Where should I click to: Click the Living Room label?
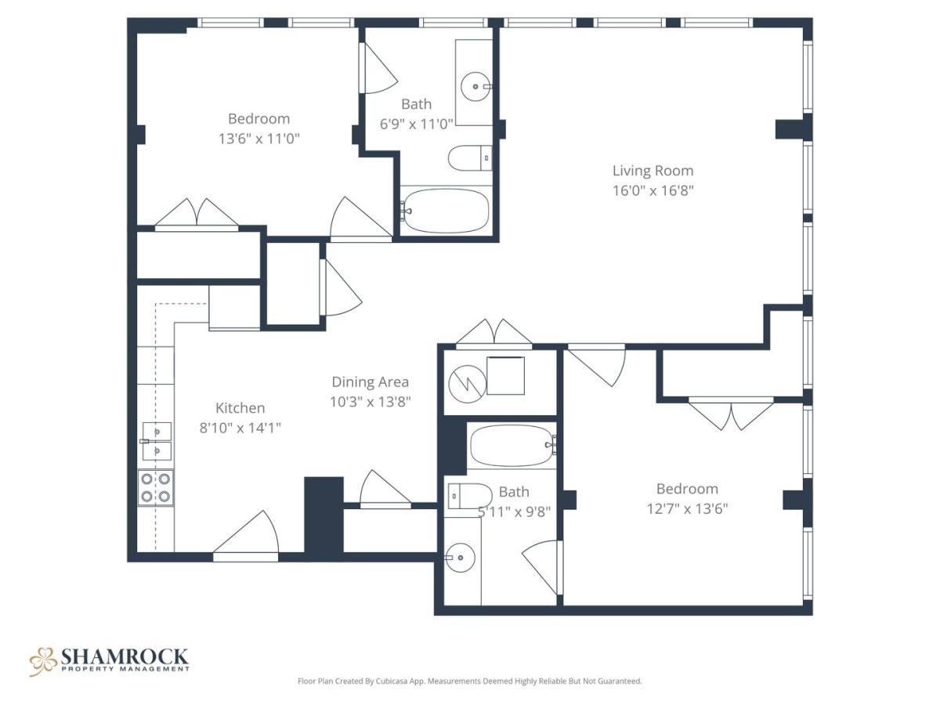pos(653,171)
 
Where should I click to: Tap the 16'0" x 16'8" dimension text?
pos(653,190)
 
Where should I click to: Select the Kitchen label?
pos(240,408)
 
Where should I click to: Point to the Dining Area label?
pos(370,381)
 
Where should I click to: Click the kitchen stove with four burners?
pos(155,488)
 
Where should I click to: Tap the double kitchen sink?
pos(157,441)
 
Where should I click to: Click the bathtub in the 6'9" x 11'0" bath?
pos(446,211)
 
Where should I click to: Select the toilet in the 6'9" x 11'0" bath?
pos(470,158)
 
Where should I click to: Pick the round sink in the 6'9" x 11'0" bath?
pos(475,86)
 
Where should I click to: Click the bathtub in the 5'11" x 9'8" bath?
pos(513,446)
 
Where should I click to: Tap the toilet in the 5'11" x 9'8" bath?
pos(470,496)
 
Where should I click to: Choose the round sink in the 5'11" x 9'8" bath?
pos(460,557)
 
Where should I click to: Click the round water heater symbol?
pos(468,384)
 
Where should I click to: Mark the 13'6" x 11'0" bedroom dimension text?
pos(258,139)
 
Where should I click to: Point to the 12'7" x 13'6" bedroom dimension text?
pos(687,509)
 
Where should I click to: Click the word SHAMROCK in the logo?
pos(125,656)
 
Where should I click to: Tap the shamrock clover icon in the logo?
pos(43,661)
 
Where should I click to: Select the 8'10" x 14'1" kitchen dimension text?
pos(240,428)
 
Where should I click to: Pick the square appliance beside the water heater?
pos(505,375)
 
